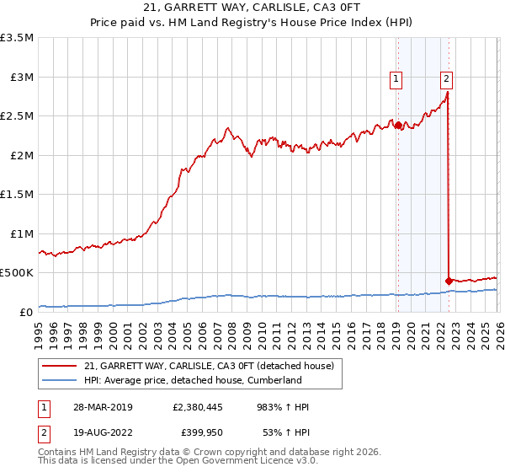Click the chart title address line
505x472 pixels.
tap(252, 8)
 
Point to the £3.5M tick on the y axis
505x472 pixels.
tap(17, 38)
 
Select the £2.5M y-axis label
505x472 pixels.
tap(17, 116)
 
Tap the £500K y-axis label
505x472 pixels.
tap(17, 273)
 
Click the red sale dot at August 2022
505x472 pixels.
tap(448, 281)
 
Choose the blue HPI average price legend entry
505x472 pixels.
tap(192, 381)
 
